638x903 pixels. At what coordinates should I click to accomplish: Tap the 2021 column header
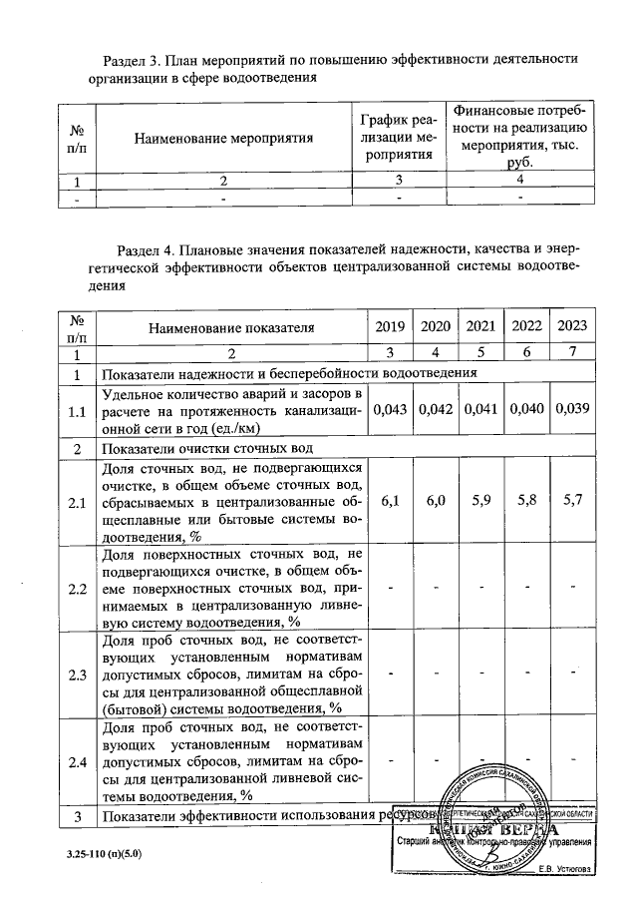coord(481,326)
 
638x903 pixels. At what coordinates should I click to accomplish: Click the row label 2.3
coord(76,675)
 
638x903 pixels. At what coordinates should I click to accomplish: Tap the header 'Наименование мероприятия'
coord(224,137)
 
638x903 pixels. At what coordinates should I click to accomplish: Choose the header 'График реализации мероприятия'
coord(398,137)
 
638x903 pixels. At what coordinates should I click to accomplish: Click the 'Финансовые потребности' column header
coord(520,137)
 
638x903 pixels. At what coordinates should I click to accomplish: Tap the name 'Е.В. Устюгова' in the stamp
coord(570,867)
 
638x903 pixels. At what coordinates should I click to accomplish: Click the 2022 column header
coord(526,326)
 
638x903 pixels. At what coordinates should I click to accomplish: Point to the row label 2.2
coord(76,589)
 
